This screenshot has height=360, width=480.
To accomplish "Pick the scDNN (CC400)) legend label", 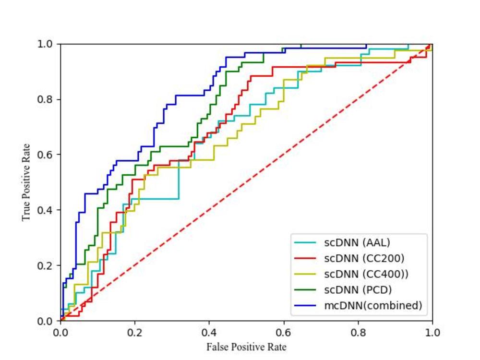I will pyautogui.click(x=367, y=274).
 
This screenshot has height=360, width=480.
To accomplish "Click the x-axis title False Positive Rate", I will pyautogui.click(x=246, y=347).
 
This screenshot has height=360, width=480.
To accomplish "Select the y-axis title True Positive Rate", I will pyautogui.click(x=26, y=182).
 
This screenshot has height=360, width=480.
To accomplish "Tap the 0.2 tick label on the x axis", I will pyautogui.click(x=135, y=332).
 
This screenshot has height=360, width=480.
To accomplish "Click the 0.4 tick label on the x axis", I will pyautogui.click(x=209, y=332).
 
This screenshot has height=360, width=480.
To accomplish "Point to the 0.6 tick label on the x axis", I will pyautogui.click(x=284, y=332).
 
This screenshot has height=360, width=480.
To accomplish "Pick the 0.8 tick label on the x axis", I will pyautogui.click(x=358, y=332).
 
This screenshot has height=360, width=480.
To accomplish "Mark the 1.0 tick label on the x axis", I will pyautogui.click(x=432, y=332).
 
